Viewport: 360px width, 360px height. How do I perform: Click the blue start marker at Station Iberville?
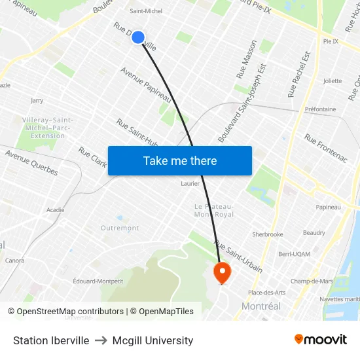(138, 37)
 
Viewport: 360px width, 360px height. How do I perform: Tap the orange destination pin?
(222, 272)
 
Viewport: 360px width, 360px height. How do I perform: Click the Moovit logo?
(320, 339)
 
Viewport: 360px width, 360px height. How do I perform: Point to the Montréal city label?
(261, 306)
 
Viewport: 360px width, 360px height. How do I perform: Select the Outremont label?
(120, 228)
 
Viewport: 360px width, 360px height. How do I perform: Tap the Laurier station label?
(190, 183)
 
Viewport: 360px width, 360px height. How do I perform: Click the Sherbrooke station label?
(268, 234)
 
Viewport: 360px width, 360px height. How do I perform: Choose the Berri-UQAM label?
(294, 253)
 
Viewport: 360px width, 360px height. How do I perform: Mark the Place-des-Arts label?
(266, 292)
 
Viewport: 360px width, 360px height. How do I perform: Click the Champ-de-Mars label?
(312, 281)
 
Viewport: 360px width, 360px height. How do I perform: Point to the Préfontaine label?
(320, 109)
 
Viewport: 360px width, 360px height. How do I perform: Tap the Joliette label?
(333, 81)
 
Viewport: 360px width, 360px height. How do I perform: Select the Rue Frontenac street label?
(325, 149)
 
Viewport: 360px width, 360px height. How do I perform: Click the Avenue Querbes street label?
(31, 163)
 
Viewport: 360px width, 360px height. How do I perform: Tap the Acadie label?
(56, 209)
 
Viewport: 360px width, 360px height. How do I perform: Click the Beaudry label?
(314, 233)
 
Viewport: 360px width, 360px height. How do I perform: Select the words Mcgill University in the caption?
(153, 340)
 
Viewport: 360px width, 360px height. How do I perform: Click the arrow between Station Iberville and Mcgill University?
(101, 340)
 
